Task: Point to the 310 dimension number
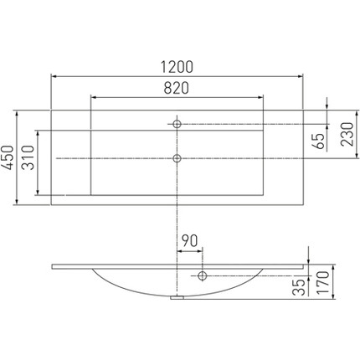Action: [x=27, y=157]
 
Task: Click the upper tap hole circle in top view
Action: [x=177, y=124]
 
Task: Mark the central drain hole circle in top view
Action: [x=177, y=157]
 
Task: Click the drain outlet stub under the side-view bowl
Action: [x=177, y=296]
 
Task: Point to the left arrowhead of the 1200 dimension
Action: [x=54, y=75]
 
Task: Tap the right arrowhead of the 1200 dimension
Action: [x=302, y=75]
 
